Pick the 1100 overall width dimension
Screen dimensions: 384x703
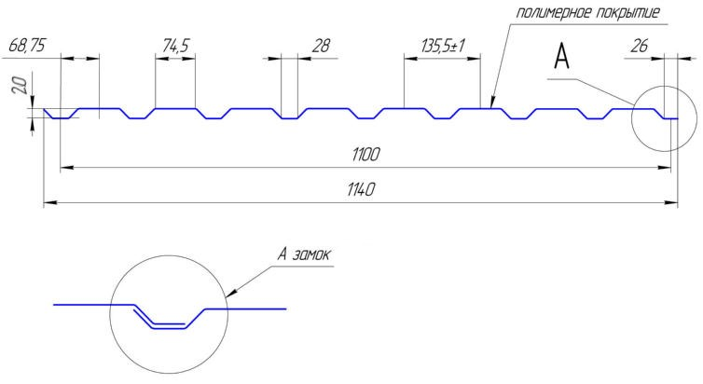coord(365,155)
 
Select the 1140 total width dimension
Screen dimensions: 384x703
coord(359,188)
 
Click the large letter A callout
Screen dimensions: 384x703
coord(561,58)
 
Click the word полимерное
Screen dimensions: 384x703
coord(552,12)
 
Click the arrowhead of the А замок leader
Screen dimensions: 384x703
coord(231,292)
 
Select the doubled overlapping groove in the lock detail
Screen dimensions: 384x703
coord(169,323)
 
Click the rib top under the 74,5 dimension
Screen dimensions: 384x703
coord(175,108)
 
